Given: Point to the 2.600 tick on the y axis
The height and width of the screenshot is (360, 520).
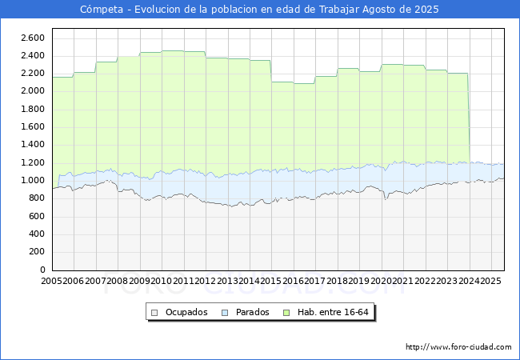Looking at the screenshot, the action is tap(33, 38).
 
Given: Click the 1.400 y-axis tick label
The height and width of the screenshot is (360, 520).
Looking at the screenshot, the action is tap(33, 144).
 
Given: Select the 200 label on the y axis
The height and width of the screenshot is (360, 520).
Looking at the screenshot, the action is tap(37, 252).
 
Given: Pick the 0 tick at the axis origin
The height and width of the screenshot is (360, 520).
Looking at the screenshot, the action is tap(42, 270).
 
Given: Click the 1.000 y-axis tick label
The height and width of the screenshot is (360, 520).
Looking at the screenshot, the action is tap(33, 180).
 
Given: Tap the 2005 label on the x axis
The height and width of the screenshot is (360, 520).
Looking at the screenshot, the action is tap(52, 281).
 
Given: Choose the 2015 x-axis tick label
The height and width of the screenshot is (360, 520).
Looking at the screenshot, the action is tap(271, 281).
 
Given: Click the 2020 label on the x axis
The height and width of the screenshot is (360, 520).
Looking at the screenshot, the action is tap(381, 281).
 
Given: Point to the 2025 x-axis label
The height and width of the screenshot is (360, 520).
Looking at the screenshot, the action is tap(490, 281).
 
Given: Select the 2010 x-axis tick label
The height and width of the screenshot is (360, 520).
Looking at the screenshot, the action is tap(161, 281).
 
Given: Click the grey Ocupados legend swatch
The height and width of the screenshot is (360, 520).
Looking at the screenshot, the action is tap(154, 313).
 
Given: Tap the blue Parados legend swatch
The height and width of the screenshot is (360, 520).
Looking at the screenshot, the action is tap(225, 313).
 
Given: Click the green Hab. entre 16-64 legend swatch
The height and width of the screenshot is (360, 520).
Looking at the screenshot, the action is tap(286, 313).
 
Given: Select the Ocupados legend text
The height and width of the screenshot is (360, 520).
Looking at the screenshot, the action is tap(186, 312).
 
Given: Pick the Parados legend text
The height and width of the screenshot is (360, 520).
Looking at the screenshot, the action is tap(252, 312).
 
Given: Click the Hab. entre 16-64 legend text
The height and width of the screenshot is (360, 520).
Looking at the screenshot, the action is tap(333, 312).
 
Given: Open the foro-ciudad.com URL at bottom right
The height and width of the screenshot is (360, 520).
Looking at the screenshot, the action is tap(458, 347).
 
